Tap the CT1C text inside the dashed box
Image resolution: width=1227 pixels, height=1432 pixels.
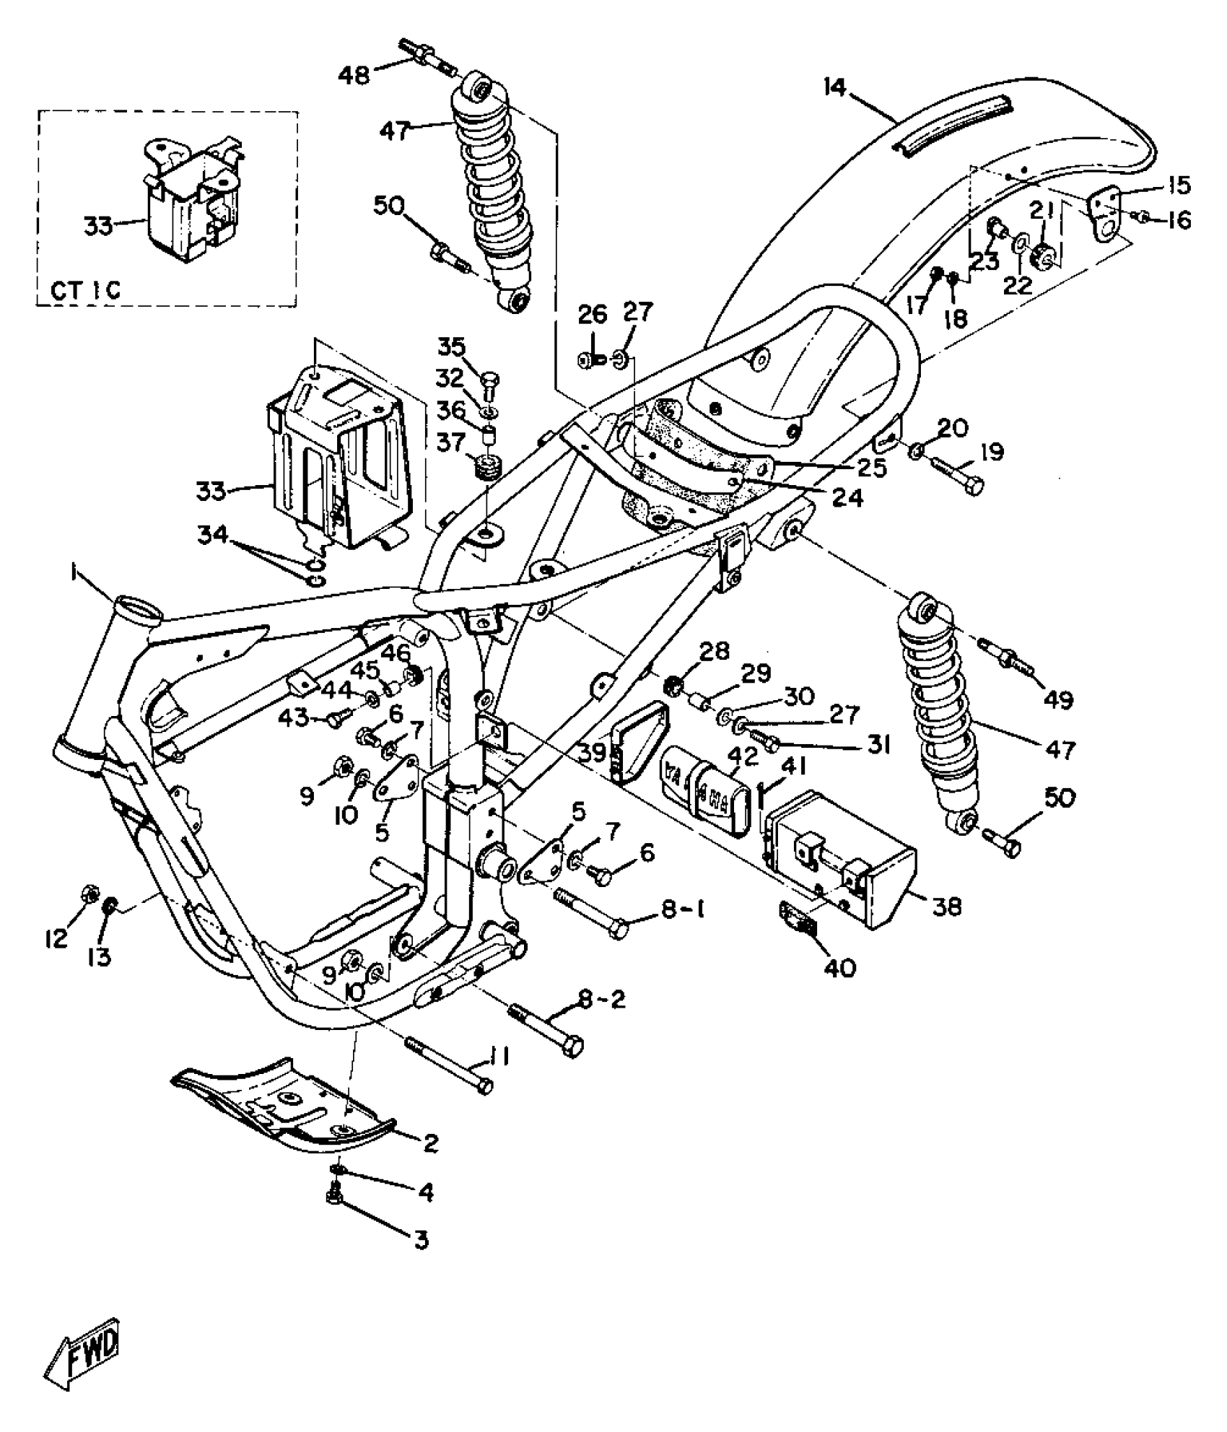85,289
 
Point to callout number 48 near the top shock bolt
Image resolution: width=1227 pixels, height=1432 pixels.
354,74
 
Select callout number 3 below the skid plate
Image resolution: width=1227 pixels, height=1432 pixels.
421,1241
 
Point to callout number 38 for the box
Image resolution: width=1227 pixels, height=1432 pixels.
947,907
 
